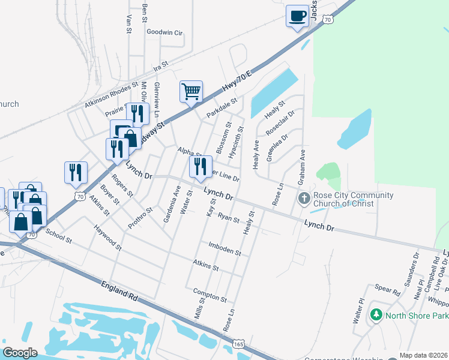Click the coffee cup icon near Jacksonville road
point(297,16)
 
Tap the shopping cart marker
point(191,92)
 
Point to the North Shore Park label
point(415,316)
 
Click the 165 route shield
point(239,345)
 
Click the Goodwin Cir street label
point(164,32)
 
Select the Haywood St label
point(107,238)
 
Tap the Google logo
point(19,352)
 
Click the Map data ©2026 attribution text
point(423,355)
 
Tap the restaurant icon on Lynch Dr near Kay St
point(200,166)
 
